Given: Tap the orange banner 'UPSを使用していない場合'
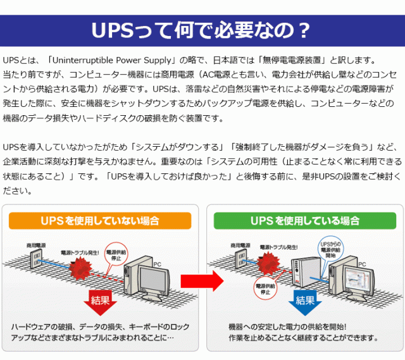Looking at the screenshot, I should [99, 221].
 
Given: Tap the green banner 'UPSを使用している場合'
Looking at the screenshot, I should [305, 221].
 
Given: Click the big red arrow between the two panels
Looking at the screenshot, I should [201, 279].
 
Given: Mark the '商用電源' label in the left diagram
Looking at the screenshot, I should [35, 244].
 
